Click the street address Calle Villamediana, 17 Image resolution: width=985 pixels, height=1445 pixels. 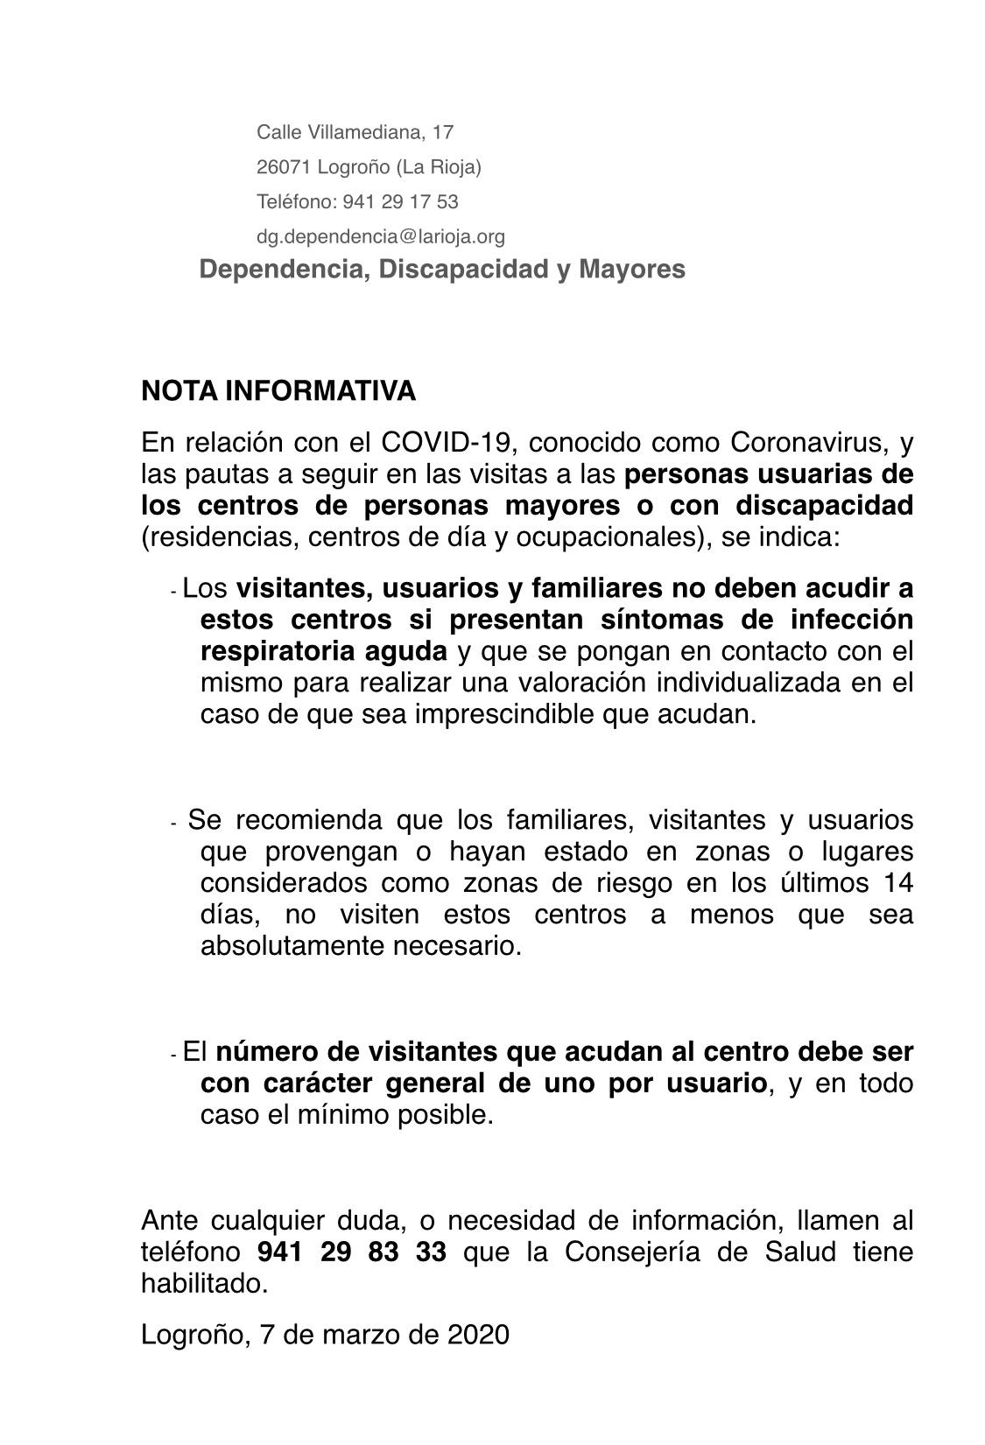(x=355, y=132)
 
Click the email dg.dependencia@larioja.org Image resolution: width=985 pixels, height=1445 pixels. (x=380, y=236)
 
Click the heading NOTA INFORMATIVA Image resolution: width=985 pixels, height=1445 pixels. (x=278, y=391)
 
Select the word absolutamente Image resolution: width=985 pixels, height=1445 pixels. (x=285, y=946)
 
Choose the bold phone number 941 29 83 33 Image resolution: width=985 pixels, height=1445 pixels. (x=352, y=1252)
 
